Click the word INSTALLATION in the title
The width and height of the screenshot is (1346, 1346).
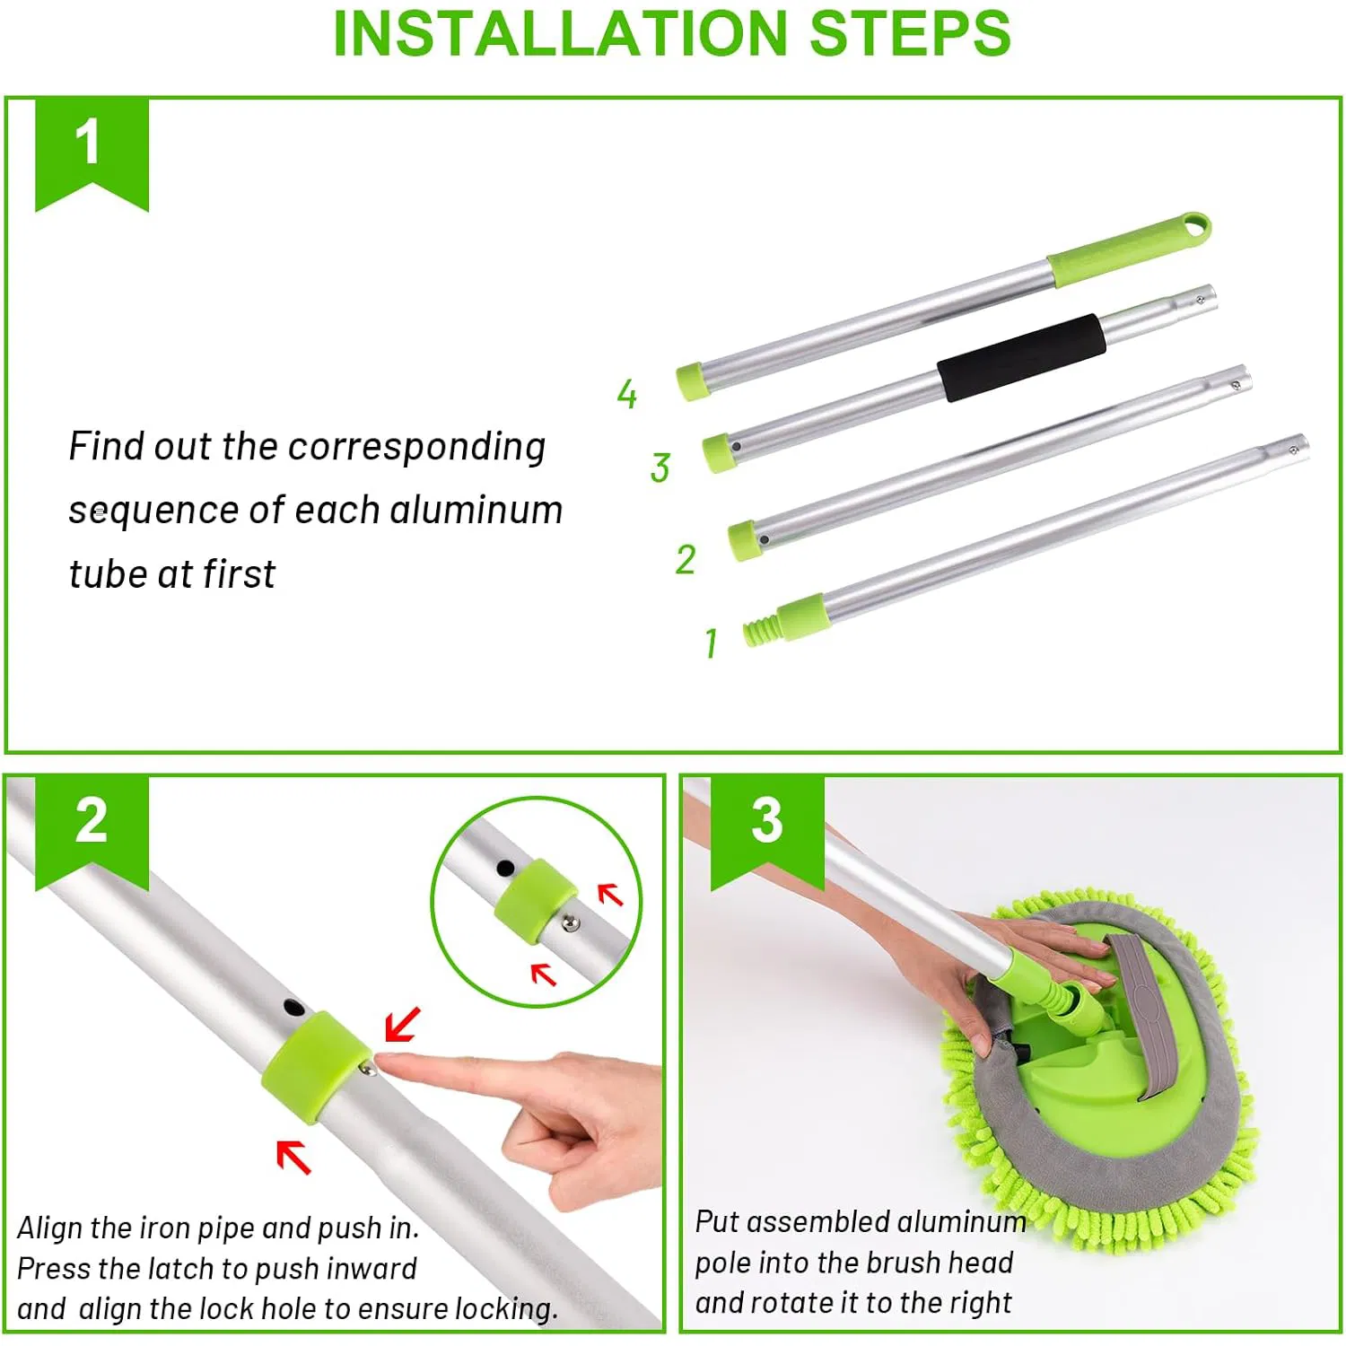(x=560, y=33)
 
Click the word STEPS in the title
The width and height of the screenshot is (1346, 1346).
(x=910, y=33)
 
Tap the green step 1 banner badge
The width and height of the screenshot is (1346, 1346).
(x=92, y=153)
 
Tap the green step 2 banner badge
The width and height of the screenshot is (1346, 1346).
(x=92, y=830)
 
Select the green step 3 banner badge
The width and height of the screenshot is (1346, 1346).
(x=767, y=830)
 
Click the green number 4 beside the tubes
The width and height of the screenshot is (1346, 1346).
(x=627, y=393)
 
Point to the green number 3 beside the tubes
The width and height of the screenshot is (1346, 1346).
(x=660, y=468)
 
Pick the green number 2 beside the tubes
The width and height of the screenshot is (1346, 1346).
(x=686, y=559)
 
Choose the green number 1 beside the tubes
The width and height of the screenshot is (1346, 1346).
(x=711, y=642)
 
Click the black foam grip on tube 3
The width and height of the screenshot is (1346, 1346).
(x=1021, y=357)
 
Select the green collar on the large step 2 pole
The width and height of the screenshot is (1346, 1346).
(x=316, y=1067)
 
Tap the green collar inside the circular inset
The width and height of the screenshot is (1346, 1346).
(x=536, y=900)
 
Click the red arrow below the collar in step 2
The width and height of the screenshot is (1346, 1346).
(x=293, y=1156)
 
